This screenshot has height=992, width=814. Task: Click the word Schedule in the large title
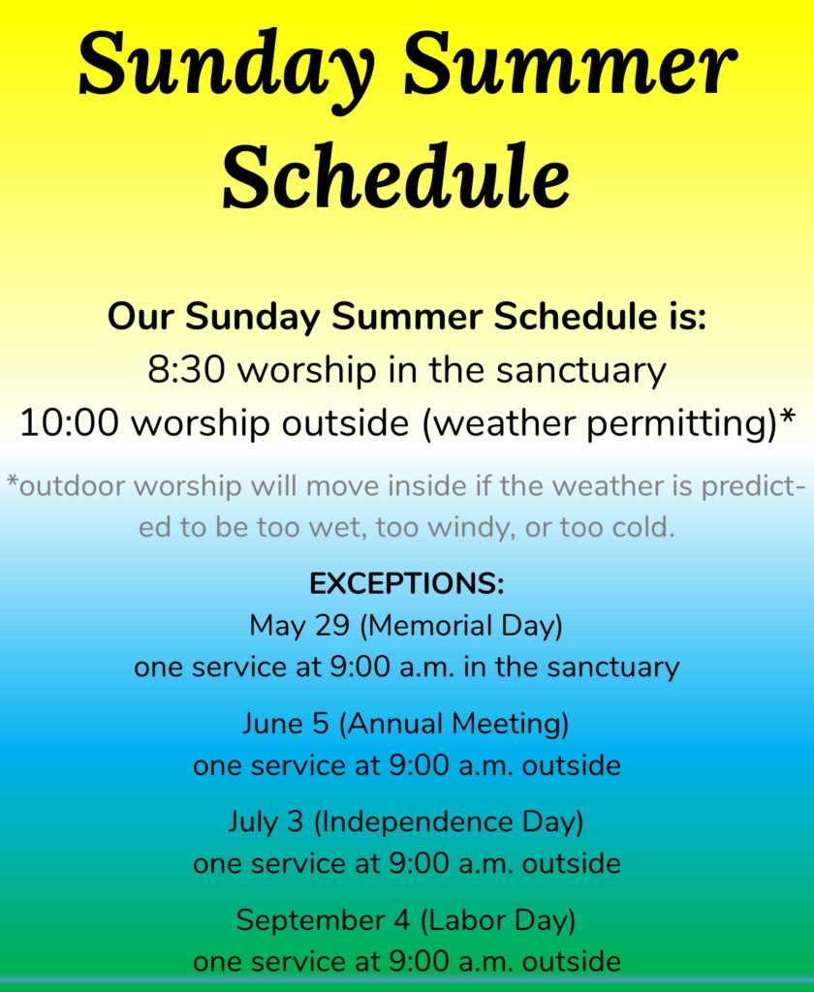point(396,176)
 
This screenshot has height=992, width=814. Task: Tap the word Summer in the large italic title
point(570,63)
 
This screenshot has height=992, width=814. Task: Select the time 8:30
point(186,370)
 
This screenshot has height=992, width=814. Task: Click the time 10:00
point(69,423)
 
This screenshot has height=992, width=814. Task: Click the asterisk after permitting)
point(787,417)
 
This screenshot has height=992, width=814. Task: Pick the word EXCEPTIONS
point(406,583)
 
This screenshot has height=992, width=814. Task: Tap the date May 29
point(299,626)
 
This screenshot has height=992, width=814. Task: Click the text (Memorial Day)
point(461,627)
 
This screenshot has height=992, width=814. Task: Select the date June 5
point(286,724)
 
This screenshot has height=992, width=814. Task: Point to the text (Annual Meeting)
point(454,725)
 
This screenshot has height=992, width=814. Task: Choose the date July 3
point(266,822)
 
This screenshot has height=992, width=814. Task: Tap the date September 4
point(323,921)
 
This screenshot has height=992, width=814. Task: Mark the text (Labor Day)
point(497,921)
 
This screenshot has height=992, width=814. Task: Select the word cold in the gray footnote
point(648,527)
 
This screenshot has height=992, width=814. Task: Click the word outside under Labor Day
point(572,962)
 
